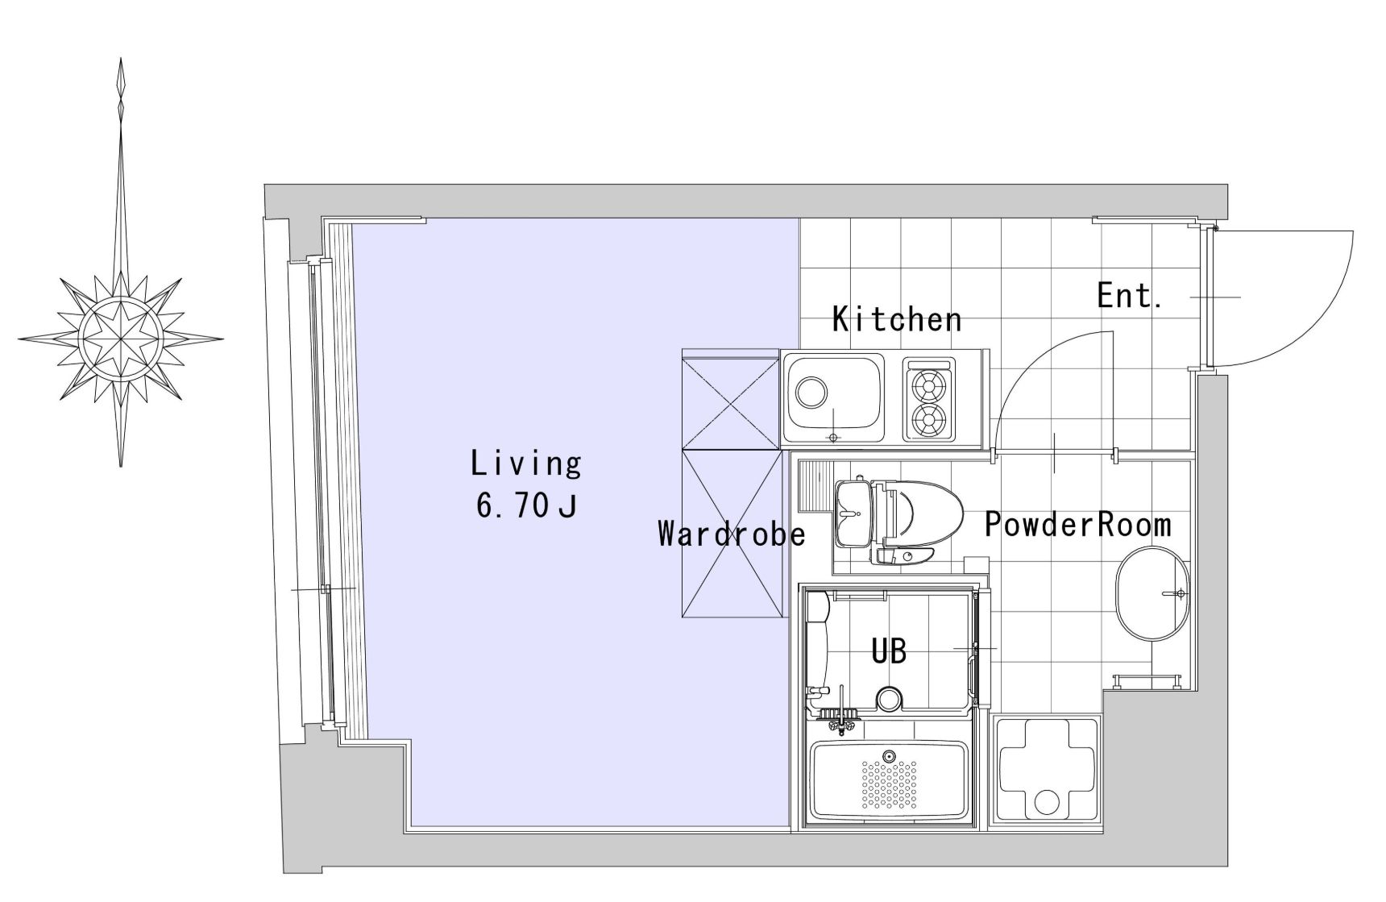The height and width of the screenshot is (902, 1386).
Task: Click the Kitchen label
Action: pos(897,319)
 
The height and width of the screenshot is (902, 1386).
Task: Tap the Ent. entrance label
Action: pos(1129,296)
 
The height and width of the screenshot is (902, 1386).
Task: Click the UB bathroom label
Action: pos(889,651)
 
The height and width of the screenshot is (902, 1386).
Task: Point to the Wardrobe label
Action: pos(732,534)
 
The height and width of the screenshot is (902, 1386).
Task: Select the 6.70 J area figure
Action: pos(526,506)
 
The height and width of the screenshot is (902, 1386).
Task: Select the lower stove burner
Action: pos(929,418)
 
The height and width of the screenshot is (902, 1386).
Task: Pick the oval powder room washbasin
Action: pos(1152,594)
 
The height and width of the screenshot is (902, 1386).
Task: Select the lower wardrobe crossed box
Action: pos(731,534)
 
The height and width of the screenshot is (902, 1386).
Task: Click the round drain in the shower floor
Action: pos(888,699)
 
